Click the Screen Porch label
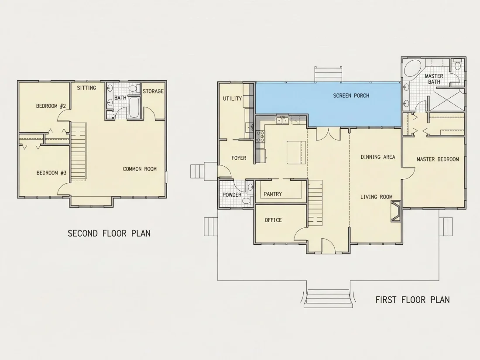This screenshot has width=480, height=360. [351, 96]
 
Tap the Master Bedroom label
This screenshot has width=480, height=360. [438, 159]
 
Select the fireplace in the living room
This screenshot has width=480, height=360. [396, 211]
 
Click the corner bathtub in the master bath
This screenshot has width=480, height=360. [413, 69]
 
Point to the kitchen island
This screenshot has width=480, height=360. [296, 152]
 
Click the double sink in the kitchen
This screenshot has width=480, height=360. [283, 120]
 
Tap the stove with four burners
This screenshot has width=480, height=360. [260, 137]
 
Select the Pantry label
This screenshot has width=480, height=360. [273, 194]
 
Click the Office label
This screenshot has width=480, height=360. [273, 220]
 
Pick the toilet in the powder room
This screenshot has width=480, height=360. [246, 201]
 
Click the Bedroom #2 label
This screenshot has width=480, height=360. [51, 106]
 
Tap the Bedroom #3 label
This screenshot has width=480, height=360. [51, 173]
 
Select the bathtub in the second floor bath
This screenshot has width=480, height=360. [134, 107]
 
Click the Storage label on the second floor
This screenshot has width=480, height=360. [153, 91]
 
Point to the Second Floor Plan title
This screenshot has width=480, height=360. [109, 233]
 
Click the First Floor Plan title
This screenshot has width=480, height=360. [413, 299]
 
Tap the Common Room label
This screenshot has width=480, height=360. [140, 169]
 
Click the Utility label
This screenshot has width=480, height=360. [232, 99]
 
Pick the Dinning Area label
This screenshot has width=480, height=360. [378, 157]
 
